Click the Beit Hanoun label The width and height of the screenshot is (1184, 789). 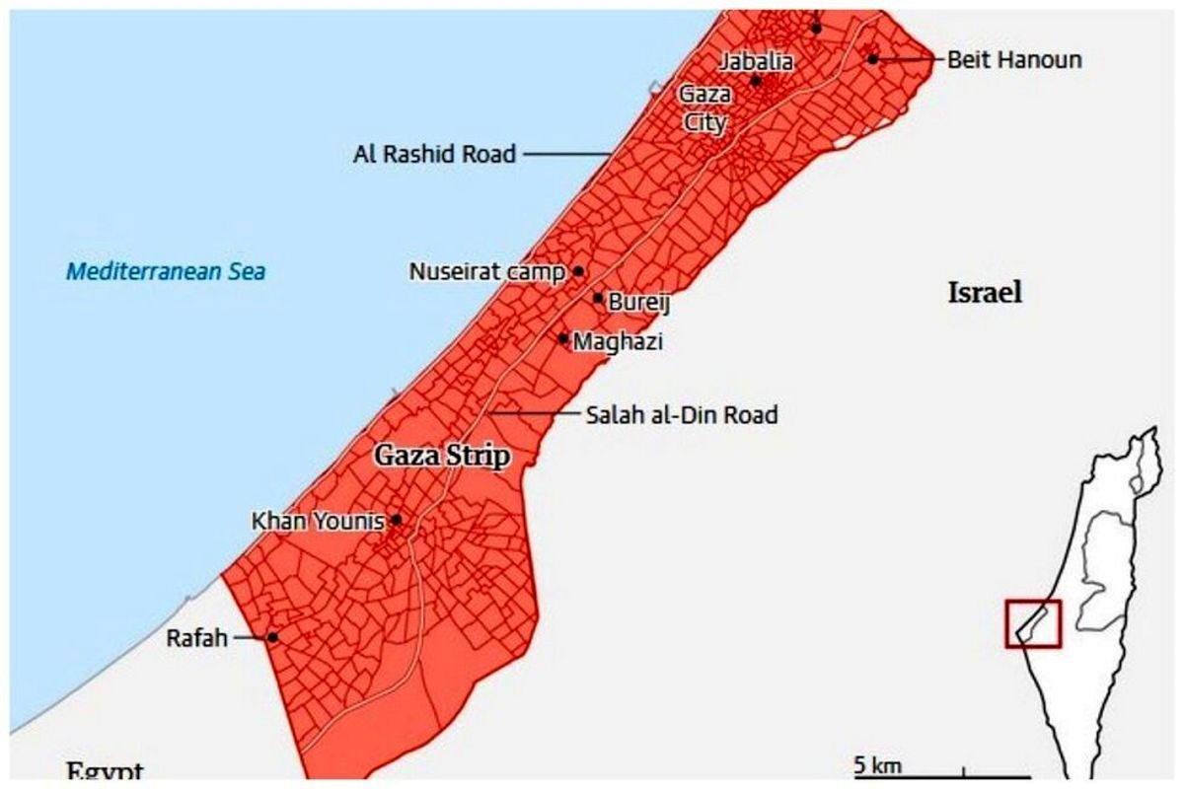click(x=1013, y=59)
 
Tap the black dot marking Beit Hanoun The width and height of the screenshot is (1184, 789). click(x=873, y=59)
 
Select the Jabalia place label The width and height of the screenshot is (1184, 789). click(x=755, y=61)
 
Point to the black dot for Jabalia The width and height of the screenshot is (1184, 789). click(x=756, y=80)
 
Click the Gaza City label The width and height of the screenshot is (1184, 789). click(x=703, y=108)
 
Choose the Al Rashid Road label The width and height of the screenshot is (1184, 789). click(x=434, y=154)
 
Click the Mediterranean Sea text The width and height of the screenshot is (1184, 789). click(x=166, y=270)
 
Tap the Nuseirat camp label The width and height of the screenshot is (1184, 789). click(x=487, y=271)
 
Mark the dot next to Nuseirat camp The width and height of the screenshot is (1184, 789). click(x=578, y=271)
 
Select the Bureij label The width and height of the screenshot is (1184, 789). click(x=638, y=303)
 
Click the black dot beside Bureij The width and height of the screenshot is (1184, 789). click(x=598, y=298)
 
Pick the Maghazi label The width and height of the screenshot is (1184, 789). click(x=618, y=342)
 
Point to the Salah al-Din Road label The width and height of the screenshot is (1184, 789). click(x=682, y=415)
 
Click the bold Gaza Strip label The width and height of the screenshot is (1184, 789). click(x=441, y=456)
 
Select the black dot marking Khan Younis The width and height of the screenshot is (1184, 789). click(x=396, y=519)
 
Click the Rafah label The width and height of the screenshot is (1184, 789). click(x=197, y=638)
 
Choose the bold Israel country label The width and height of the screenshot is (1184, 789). click(x=985, y=292)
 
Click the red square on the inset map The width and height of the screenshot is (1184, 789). click(x=1033, y=623)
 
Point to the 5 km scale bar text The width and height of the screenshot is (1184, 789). click(x=877, y=765)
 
